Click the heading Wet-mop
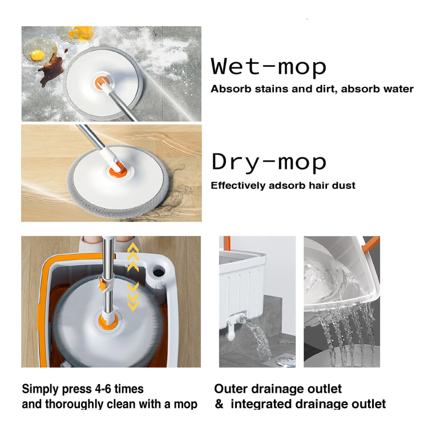[268, 66]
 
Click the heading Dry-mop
[269, 162]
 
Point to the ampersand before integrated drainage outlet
[219, 404]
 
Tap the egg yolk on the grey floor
[37, 55]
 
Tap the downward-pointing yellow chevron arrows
[133, 297]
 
